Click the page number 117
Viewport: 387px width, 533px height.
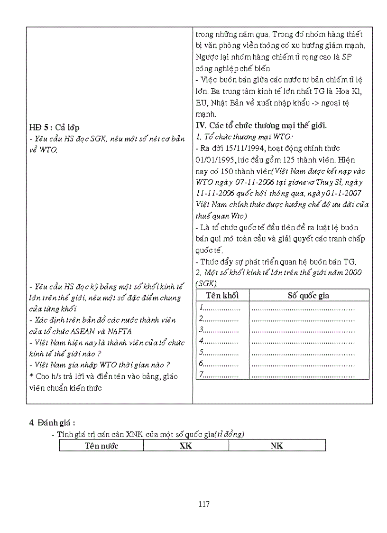point(204,504)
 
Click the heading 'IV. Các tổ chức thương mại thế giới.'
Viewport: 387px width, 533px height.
point(261,125)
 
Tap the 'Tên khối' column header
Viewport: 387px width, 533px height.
point(222,295)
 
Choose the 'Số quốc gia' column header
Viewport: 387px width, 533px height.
point(308,295)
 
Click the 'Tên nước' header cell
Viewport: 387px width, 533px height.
point(101,446)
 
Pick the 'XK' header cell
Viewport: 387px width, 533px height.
point(186,446)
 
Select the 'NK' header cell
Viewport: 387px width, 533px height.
point(277,446)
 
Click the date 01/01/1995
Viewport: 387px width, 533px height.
point(213,159)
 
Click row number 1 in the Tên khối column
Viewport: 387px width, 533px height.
point(202,307)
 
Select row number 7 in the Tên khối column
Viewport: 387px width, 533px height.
point(202,375)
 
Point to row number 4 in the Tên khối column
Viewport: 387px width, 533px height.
point(202,341)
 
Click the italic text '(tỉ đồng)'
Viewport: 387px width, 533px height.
point(229,434)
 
